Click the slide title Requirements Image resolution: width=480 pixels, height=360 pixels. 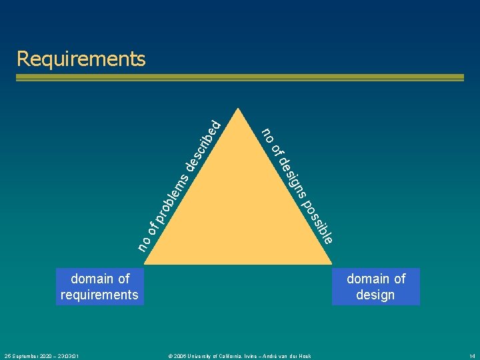tap(81, 59)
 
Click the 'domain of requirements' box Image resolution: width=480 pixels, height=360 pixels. tap(99, 287)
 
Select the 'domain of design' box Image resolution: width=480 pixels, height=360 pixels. tap(376, 287)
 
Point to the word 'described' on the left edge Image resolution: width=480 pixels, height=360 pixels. tap(203, 143)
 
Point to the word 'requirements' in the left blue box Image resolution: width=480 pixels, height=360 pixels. tap(99, 295)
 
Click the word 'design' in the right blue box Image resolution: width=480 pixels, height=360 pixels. tap(375, 295)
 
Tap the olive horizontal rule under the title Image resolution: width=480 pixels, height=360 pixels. tap(240, 77)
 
